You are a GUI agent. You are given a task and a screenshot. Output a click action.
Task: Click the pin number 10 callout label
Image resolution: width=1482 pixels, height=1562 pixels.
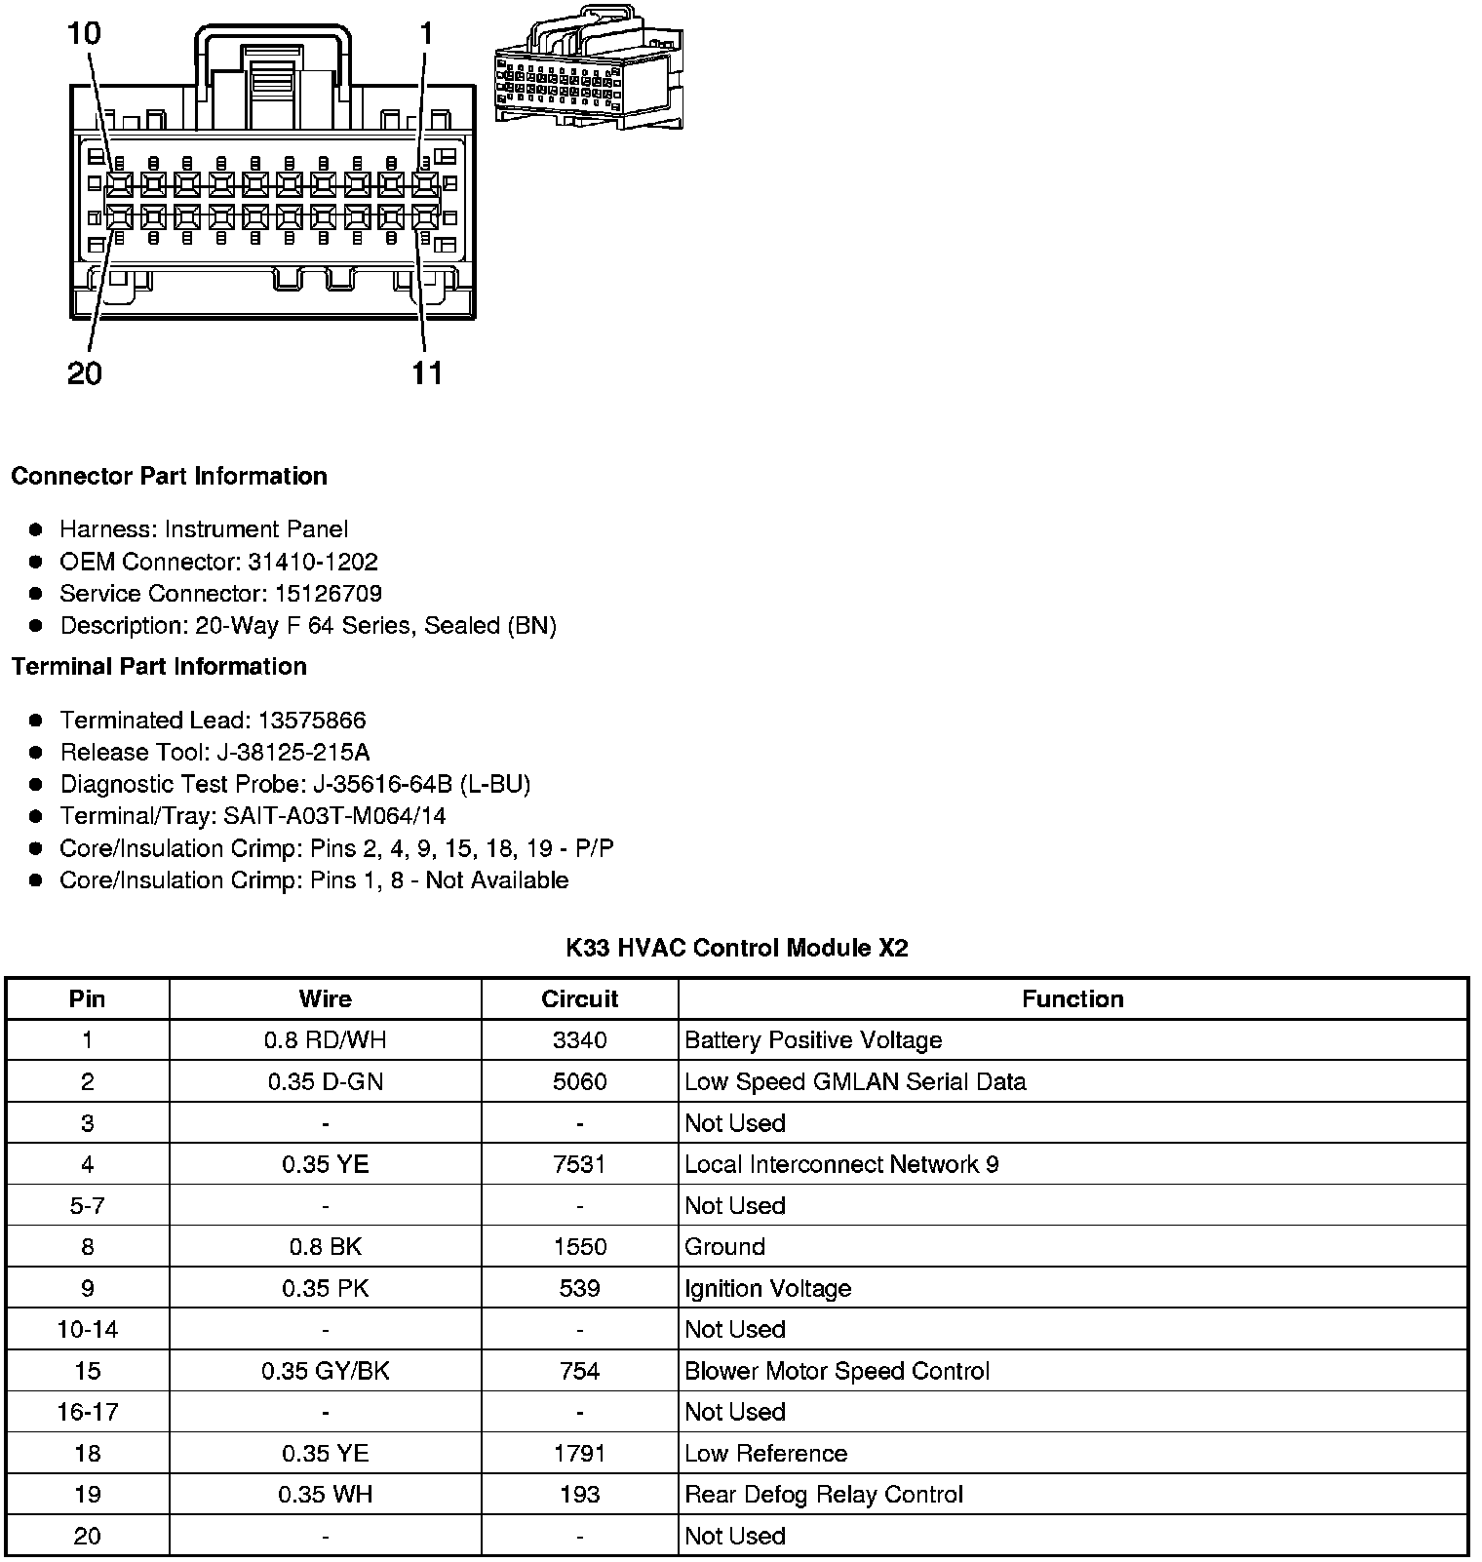coord(84,34)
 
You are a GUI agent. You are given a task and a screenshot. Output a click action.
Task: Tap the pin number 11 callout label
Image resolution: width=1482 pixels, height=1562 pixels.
coord(428,373)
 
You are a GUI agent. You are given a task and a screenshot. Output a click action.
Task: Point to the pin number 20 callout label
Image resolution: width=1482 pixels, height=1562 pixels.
coord(85,373)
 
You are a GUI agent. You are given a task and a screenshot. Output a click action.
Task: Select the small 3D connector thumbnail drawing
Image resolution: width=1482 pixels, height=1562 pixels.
coord(588,68)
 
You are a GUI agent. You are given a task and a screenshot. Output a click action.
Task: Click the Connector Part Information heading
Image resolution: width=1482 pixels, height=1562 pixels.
coord(169,477)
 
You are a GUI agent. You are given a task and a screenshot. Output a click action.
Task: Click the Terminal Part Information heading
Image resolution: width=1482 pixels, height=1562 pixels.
coord(159,667)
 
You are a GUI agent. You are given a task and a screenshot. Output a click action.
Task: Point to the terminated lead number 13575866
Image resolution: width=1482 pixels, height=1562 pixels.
coord(311,721)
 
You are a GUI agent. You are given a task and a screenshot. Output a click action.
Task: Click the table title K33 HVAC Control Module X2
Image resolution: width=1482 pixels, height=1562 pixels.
coord(737,948)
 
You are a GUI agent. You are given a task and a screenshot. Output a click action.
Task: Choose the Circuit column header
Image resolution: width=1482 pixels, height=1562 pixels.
coord(580,999)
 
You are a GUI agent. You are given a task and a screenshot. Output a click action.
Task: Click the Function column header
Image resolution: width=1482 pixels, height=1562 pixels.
coord(1072,999)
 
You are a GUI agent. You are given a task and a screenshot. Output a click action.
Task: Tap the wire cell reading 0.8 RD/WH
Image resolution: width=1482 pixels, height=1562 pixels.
coord(326,1040)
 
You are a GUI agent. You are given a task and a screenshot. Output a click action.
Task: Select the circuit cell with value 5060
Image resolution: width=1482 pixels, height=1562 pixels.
coord(580,1082)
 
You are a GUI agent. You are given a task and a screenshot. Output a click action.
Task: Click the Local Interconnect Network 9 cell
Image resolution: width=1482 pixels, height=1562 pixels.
coord(841,1164)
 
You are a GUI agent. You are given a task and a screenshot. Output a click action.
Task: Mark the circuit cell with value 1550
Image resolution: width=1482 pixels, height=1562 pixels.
coord(580,1247)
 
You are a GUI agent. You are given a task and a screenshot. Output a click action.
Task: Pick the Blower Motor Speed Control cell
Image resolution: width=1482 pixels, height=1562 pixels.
coord(837,1371)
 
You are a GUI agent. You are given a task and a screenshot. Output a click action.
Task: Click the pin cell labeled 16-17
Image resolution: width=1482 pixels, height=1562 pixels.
coord(88,1412)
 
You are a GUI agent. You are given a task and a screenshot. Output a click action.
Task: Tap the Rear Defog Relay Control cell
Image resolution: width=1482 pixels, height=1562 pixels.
coord(824,1495)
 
